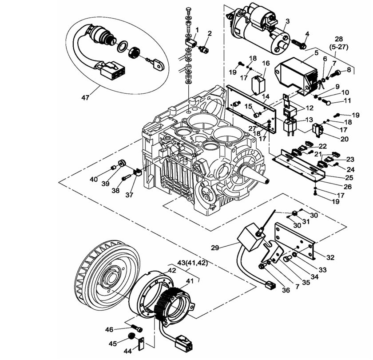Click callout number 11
coord(347,100)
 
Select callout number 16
coord(266,64)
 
